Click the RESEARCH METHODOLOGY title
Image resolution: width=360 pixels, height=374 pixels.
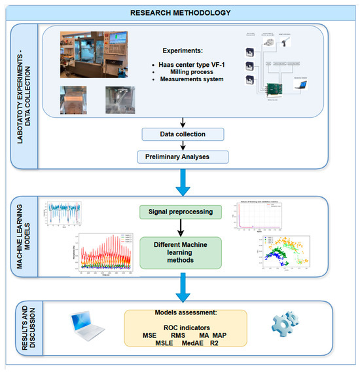pos(179,12)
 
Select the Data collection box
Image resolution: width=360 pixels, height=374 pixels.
pos(183,134)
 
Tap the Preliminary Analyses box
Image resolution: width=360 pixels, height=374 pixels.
pos(183,157)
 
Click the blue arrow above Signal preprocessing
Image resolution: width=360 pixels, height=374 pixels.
pos(183,183)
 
